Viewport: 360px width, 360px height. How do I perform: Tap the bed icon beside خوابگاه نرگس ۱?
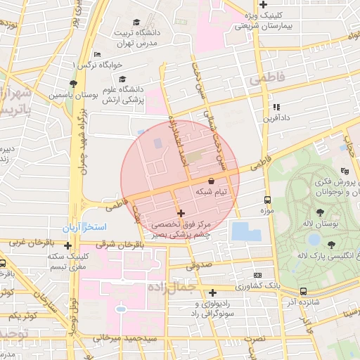(97, 55)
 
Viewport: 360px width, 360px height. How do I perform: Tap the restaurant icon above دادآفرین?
(276, 107)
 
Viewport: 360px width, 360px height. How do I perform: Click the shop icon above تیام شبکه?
(212, 181)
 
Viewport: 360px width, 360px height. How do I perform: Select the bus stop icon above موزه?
(266, 200)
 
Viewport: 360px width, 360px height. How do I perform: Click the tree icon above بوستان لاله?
(321, 212)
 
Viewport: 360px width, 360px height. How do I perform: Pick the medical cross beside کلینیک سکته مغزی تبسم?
(67, 246)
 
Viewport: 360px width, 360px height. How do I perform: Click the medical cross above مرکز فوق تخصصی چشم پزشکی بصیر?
(181, 213)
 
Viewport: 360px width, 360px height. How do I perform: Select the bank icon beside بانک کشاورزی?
(258, 275)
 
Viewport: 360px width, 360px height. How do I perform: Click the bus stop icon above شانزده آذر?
(303, 291)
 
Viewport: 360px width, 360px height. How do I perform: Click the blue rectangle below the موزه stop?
(246, 231)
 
